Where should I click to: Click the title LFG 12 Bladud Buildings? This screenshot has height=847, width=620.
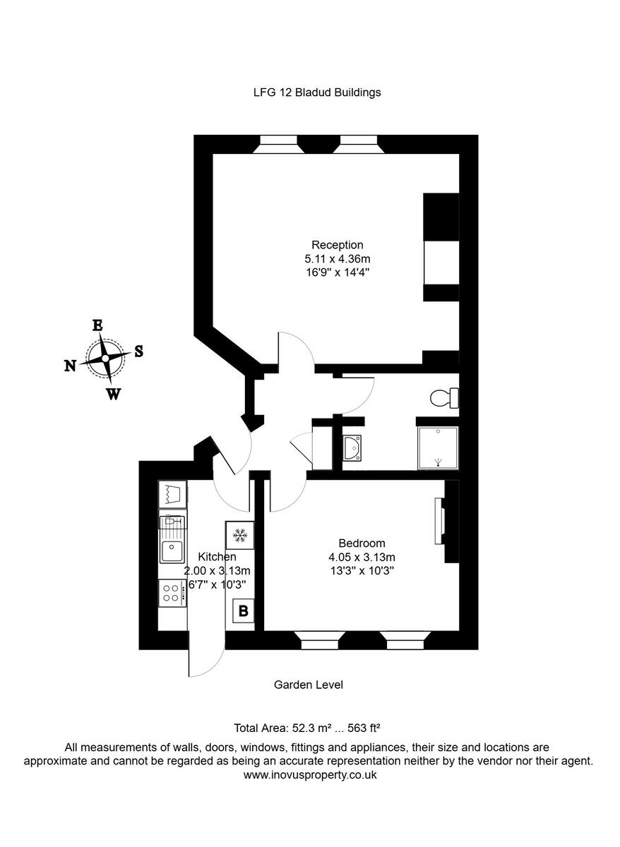(x=317, y=92)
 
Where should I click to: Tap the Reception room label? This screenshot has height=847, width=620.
(x=338, y=245)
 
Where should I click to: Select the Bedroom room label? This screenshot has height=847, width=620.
(x=362, y=543)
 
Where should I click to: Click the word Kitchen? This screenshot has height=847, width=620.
(x=217, y=557)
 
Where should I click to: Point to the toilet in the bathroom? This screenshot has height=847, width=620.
(x=443, y=399)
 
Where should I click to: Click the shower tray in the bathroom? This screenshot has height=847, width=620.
(x=438, y=447)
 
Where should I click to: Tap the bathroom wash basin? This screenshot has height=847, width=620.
(x=352, y=447)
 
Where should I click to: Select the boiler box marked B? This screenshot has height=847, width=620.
(x=243, y=611)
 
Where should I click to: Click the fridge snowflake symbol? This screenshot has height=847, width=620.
(x=240, y=536)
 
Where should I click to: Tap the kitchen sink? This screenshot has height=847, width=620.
(x=172, y=548)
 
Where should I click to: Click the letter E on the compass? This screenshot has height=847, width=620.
(x=97, y=325)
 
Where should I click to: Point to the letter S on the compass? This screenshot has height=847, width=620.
(x=138, y=351)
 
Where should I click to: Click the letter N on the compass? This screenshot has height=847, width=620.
(x=71, y=365)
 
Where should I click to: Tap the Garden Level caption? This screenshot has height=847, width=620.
(x=309, y=684)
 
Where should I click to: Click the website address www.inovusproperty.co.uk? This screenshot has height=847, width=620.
(x=310, y=774)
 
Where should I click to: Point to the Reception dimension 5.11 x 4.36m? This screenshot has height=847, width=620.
(x=338, y=258)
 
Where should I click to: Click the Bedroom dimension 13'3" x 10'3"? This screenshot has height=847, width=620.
(x=362, y=570)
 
